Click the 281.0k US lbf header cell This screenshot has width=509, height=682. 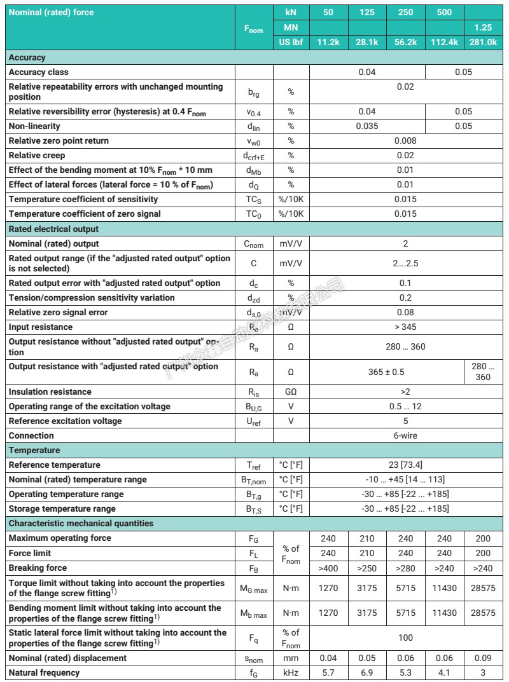tap(482, 42)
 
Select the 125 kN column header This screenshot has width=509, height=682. tap(366, 12)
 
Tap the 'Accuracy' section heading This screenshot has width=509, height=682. tap(27, 57)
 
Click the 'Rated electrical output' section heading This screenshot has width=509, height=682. tap(53, 229)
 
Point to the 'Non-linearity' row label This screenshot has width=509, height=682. tap(34, 126)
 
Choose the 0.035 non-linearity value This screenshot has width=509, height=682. tap(366, 126)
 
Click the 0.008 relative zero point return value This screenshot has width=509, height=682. tap(405, 140)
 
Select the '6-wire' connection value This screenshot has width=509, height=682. tap(405, 435)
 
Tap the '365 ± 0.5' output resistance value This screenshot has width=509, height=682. tap(386, 372)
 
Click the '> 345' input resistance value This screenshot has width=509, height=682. tap(405, 327)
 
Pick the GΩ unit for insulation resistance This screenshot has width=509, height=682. tap(291, 392)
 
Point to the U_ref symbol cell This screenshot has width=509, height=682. tap(254, 421)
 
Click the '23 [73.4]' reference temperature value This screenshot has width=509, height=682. tap(405, 465)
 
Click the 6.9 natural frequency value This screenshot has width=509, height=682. tap(366, 672)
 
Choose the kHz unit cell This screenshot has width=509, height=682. tap(291, 672)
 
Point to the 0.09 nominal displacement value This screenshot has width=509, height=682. tap(482, 658)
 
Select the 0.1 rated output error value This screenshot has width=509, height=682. tap(405, 283)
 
